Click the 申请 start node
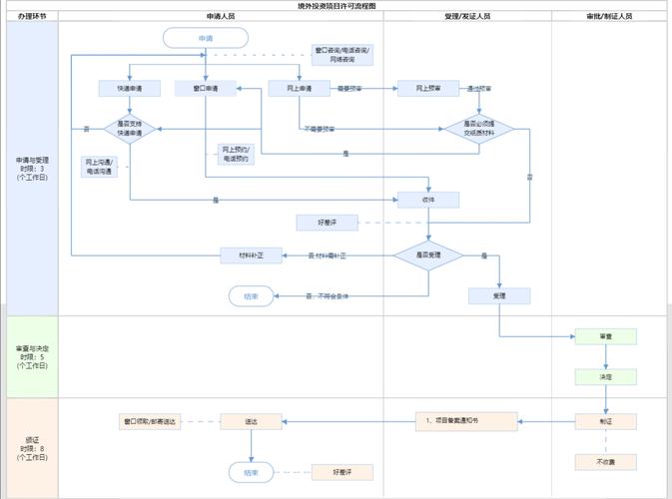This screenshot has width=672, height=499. (205, 38)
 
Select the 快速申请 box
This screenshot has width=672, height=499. (130, 89)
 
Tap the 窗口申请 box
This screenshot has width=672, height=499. (205, 89)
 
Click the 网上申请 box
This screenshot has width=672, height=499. (300, 89)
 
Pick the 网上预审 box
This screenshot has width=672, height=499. (428, 89)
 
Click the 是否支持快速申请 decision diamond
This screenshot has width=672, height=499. (130, 129)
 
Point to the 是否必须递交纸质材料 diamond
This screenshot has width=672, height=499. (479, 129)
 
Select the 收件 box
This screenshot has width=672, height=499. (428, 200)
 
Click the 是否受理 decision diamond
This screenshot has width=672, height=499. (428, 255)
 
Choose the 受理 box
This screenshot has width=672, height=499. (499, 295)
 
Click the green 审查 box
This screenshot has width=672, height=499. (605, 337)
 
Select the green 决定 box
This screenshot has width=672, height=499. (605, 377)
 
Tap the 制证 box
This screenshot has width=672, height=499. (605, 421)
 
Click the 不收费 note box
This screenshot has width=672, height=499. (605, 462)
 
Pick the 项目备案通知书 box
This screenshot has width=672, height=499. (466, 421)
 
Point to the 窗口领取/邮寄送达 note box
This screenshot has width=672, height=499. (149, 422)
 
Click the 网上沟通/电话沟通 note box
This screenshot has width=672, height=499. (100, 167)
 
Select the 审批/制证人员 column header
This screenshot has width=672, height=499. (609, 17)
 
